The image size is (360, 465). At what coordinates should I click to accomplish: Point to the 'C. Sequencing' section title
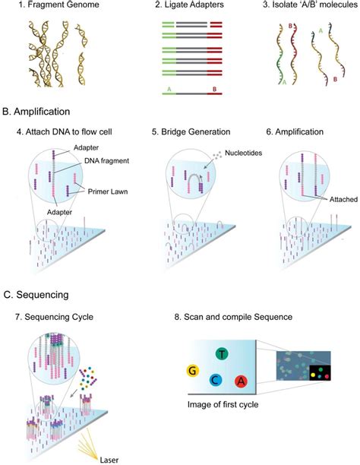[37, 293]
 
